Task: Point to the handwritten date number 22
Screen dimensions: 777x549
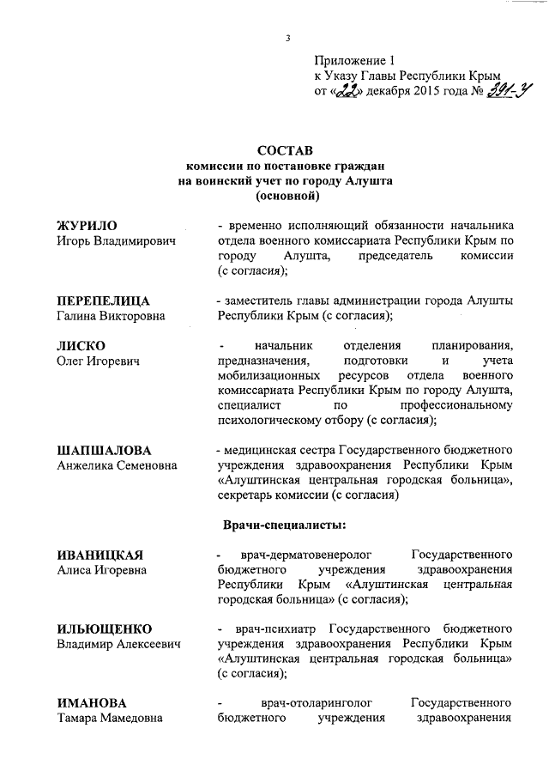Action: coord(347,90)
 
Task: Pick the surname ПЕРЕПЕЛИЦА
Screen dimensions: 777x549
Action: coord(103,301)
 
